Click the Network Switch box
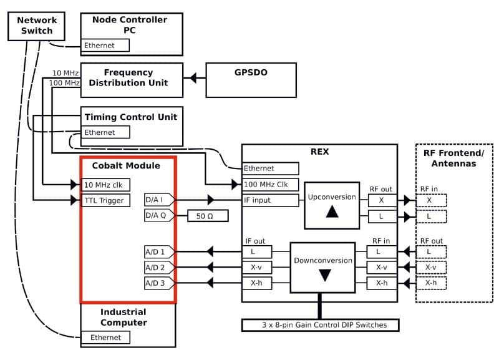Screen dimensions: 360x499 click(37, 26)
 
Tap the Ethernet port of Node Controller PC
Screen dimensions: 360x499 click(106, 46)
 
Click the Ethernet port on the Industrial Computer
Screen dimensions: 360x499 click(106, 338)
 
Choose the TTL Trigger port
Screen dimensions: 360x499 click(106, 200)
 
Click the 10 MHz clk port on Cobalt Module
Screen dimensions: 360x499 click(106, 185)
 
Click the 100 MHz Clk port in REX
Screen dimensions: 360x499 click(270, 185)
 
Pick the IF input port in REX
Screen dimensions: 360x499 click(270, 200)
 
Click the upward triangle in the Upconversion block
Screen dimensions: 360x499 click(332, 212)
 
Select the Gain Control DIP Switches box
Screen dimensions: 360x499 click(320, 325)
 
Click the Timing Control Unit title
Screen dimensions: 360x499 click(131, 117)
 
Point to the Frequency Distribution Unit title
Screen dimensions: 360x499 click(128, 77)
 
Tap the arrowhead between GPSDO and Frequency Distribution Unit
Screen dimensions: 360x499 click(193, 79)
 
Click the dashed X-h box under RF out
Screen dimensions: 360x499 click(431, 283)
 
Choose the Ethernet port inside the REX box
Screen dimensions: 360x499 click(270, 168)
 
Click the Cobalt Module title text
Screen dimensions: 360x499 click(126, 165)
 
